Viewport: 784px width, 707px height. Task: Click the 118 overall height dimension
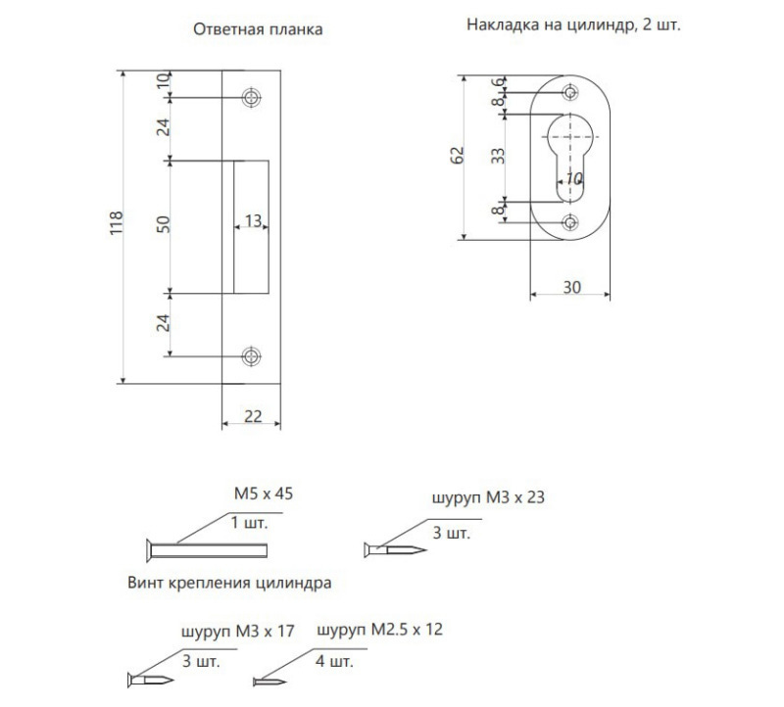116,223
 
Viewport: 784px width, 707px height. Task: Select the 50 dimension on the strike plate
164,224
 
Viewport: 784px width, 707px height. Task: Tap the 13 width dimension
254,220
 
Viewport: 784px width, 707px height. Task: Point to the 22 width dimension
253,416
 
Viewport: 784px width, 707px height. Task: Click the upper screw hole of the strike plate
252,97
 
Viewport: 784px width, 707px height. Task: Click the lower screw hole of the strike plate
252,356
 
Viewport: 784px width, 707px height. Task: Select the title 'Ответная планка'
258,29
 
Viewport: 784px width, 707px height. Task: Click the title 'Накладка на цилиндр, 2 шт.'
573,24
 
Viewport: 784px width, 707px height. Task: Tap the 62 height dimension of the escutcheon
457,156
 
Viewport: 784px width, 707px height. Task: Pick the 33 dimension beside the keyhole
498,157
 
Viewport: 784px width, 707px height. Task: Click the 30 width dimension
572,287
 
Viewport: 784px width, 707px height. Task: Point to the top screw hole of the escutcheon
570,92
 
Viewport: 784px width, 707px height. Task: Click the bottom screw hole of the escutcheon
570,222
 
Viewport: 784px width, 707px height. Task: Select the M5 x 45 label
264,494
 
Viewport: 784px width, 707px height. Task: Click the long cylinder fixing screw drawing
207,550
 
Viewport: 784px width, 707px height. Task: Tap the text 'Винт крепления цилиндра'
229,583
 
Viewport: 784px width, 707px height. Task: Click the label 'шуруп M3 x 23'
488,497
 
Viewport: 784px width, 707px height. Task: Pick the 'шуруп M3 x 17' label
237,631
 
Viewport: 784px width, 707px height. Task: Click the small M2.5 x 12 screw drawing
269,682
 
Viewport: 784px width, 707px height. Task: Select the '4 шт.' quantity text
334,661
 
